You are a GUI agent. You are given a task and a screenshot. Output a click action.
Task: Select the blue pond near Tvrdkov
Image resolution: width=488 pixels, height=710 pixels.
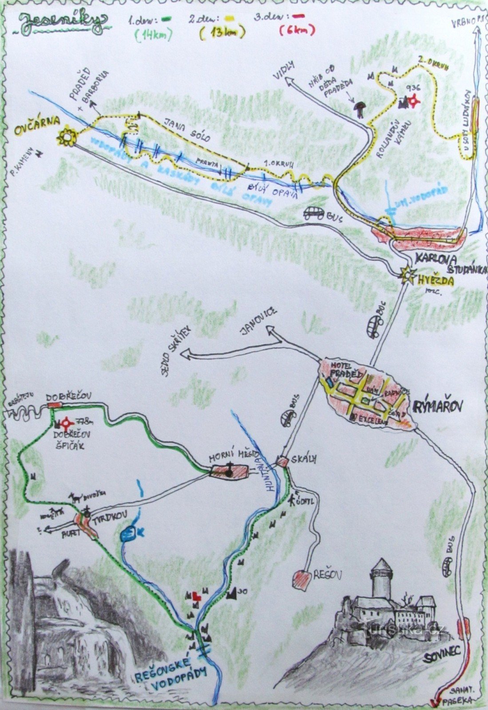(x=129, y=533)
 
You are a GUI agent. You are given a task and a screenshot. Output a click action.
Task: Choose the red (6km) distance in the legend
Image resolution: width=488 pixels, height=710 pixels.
(x=297, y=31)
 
